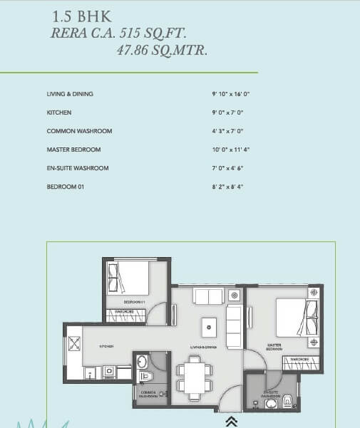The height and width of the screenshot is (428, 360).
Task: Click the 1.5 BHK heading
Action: pos(82,15)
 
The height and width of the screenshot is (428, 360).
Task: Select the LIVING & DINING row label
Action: pos(70,94)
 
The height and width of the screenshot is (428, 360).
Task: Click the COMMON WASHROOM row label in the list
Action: pos(79,131)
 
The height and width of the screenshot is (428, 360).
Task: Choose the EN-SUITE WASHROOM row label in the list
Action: pos(78,168)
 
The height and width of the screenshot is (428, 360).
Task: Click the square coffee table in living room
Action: pos(209,325)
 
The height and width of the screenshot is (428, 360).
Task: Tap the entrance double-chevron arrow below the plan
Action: pos(231,422)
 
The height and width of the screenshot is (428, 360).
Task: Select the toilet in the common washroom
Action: pos(145,375)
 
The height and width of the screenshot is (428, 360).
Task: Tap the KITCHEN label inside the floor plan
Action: pos(107,347)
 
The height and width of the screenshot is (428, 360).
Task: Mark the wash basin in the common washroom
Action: pos(141,360)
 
